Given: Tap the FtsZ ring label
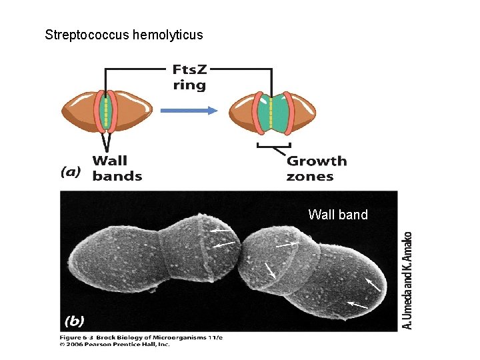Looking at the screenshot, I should click(189, 77).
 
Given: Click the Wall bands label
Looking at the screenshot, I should click(117, 168).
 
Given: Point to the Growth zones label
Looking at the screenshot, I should click(316, 168).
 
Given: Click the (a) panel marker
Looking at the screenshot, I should click(71, 172).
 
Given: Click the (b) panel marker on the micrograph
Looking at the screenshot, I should click(74, 321).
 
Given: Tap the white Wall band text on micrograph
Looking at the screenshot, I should click(338, 215).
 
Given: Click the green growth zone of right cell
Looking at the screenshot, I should click(271, 112).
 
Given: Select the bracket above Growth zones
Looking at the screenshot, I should click(273, 145).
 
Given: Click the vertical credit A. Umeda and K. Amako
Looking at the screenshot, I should click(408, 279).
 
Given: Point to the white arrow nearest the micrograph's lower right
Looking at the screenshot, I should click(357, 305).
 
